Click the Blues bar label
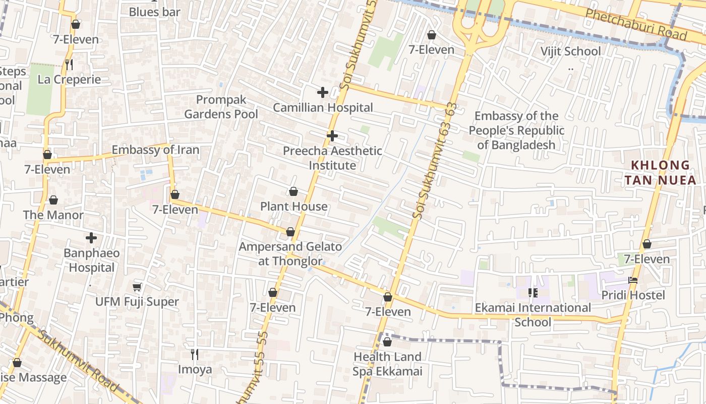pos(154,12)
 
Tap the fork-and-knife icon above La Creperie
pos(69,64)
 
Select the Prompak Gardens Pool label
pos(221,107)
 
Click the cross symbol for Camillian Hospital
pos(322,92)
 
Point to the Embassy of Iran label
pos(155,150)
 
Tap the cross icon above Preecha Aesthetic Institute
pos(332,136)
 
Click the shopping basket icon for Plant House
pos(293,191)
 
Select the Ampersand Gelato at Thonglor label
pos(290,254)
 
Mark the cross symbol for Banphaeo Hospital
pos(91,238)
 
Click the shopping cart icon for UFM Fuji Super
pos(137,287)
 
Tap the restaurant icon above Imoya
pos(195,355)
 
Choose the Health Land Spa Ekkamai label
pos(387,364)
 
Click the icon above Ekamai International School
pos(533,293)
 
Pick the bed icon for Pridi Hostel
pos(633,280)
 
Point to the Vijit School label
pos(570,52)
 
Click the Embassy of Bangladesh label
pos(516,131)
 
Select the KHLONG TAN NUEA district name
pos(660,173)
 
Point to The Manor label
pos(53,215)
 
